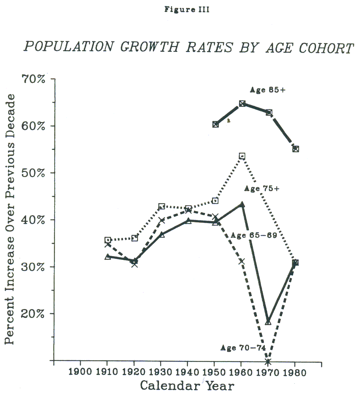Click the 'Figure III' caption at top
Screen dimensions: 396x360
point(187,10)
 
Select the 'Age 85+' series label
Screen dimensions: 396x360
point(268,90)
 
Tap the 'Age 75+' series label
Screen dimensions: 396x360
point(261,188)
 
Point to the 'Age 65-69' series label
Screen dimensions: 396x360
point(254,235)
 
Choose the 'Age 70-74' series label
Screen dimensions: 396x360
point(243,348)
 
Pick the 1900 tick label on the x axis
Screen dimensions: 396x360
point(80,373)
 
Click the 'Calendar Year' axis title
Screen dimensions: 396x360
point(187,385)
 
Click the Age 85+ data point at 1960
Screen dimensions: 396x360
point(242,103)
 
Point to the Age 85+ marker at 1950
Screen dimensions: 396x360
point(215,124)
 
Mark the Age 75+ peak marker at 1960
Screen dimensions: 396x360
point(242,156)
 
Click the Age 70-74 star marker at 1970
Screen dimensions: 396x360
point(268,361)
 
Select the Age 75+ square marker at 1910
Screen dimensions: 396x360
point(108,240)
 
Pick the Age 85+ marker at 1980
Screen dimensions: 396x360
point(295,149)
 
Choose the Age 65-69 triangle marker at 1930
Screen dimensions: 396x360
point(162,235)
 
